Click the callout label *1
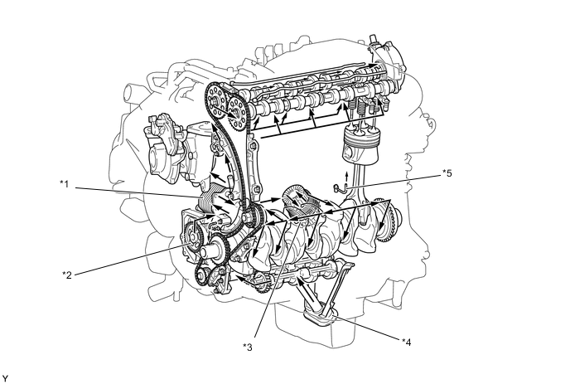point(65,184)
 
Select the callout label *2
point(66,275)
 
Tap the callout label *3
point(248,348)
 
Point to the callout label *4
point(407,342)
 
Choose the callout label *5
point(447,173)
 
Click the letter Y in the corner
point(5,378)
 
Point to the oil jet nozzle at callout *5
point(338,187)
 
